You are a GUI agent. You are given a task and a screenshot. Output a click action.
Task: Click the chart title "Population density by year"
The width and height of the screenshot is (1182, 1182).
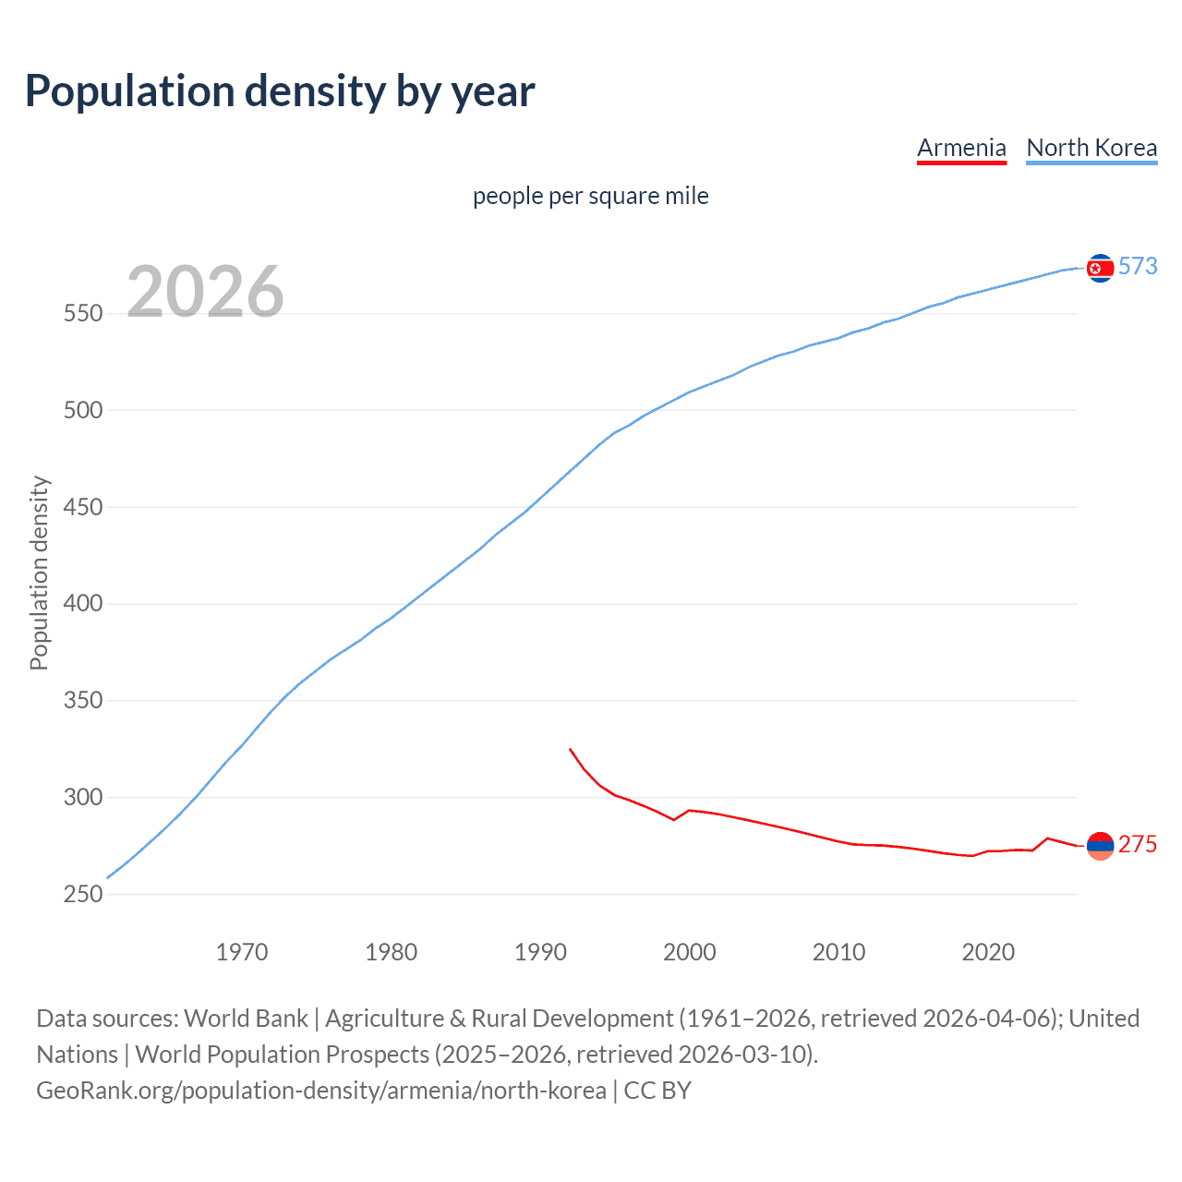(x=280, y=91)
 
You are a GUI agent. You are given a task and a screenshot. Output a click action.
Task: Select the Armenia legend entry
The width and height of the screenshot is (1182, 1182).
(x=961, y=148)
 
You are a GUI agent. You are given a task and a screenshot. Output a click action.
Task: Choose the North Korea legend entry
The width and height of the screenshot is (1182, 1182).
(x=1092, y=148)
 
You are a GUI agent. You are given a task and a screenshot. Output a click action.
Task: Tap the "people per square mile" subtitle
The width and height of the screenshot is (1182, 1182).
(x=591, y=196)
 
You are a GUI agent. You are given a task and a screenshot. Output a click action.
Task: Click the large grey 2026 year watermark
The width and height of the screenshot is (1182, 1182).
(x=205, y=292)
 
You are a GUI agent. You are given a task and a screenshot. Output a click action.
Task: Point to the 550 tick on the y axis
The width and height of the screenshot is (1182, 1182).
(x=82, y=314)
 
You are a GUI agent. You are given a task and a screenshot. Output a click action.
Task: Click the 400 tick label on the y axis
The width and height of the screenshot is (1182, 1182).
(x=82, y=604)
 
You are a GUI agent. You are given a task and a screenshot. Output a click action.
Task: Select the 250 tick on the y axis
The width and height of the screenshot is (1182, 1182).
(x=82, y=894)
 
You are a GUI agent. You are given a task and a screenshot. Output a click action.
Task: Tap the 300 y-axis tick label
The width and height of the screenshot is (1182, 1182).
(x=82, y=797)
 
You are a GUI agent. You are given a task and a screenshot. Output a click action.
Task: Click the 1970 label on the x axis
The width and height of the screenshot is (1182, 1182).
(x=242, y=952)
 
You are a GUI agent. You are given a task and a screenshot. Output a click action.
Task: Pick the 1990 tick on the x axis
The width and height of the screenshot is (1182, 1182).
(x=540, y=952)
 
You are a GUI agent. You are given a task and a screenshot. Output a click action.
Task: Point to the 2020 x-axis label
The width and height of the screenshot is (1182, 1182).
(x=988, y=952)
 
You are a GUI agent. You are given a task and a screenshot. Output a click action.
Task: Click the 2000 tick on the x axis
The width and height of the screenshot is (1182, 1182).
(x=690, y=952)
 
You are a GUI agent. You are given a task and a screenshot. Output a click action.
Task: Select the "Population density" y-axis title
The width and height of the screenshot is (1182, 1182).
(x=39, y=573)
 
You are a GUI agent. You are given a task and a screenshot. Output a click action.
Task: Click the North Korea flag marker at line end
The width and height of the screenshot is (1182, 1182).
(x=1100, y=268)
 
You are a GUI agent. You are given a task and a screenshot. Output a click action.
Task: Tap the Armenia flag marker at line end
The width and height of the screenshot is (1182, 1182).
(x=1100, y=845)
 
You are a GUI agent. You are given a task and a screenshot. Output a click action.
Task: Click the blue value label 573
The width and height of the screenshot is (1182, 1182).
(x=1138, y=267)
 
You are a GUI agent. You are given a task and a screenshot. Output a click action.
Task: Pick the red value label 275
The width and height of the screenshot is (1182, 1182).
(x=1138, y=845)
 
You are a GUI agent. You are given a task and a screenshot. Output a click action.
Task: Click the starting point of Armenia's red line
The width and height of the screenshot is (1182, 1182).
(x=571, y=749)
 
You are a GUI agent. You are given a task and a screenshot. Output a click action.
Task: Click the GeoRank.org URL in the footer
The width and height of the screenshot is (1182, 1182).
(x=321, y=1091)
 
